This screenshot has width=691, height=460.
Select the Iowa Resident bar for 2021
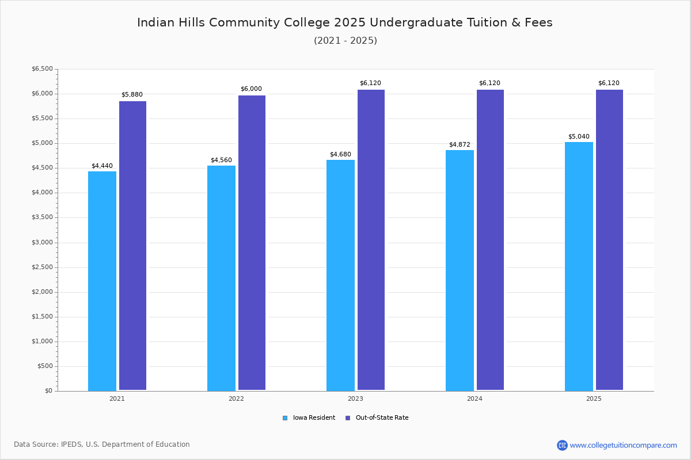click(x=102, y=281)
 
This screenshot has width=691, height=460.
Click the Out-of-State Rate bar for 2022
click(x=252, y=243)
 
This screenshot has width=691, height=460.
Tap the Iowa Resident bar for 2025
click(x=579, y=266)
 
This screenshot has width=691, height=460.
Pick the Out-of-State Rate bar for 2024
click(x=490, y=240)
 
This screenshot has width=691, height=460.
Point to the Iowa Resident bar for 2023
click(x=340, y=275)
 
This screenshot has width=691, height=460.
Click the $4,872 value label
click(x=460, y=144)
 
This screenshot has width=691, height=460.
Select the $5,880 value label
click(x=132, y=95)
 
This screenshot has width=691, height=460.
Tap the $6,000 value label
click(x=251, y=89)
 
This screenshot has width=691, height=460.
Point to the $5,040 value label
click(x=579, y=136)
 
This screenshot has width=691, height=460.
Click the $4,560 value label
click(x=221, y=160)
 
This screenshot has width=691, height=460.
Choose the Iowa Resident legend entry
click(x=309, y=418)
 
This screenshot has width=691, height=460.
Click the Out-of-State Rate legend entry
click(x=377, y=418)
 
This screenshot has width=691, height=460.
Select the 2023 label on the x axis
click(x=355, y=398)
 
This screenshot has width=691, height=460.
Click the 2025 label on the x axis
click(x=594, y=398)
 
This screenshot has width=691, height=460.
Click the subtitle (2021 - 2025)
click(x=345, y=41)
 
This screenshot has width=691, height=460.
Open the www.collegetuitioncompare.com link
click(x=623, y=445)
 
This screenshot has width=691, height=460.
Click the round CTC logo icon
click(x=562, y=445)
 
